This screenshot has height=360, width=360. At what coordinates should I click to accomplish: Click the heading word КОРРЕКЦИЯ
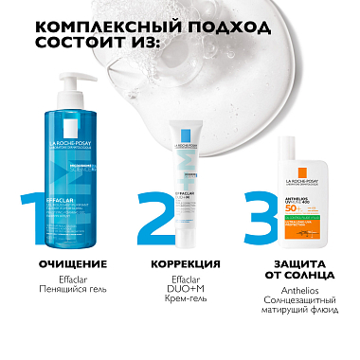click(x=180, y=263)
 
